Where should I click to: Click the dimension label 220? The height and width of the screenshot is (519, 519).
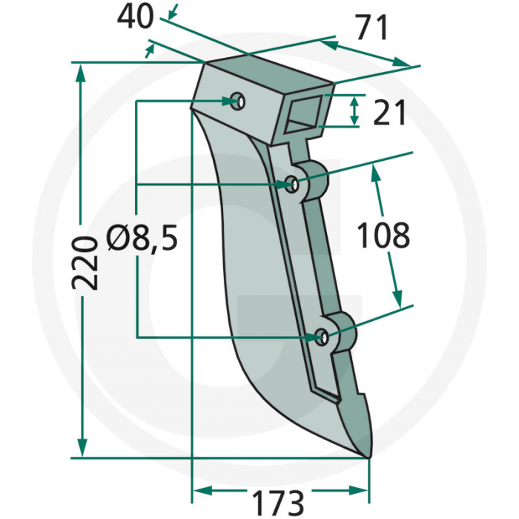coord(87,263)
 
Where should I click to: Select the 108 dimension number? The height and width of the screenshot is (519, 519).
coord(383,236)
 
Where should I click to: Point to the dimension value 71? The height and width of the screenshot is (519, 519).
coord(371,29)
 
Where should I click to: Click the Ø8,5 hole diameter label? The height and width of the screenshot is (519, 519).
coord(141,239)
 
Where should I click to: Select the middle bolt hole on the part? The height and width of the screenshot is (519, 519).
coord(294,184)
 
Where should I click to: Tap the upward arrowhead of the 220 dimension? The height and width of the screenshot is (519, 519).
coord(82,71)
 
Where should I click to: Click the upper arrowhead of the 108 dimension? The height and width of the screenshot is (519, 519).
coord(376,174)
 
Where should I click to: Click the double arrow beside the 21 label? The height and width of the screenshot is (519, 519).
coord(354,110)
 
